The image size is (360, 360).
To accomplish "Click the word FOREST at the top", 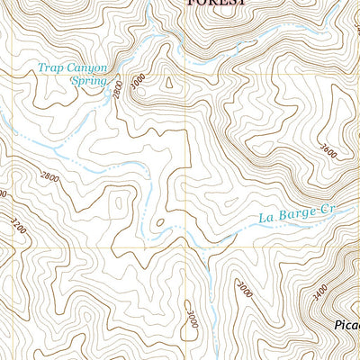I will (215, 4).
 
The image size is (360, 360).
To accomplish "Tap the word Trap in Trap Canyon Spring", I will (50, 66).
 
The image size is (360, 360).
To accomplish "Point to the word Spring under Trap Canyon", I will (88, 79).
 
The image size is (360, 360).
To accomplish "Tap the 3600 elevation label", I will (327, 149).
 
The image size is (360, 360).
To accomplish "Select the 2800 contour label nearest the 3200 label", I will (50, 178).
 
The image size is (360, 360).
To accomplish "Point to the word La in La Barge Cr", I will (265, 217).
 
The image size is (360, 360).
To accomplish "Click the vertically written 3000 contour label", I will (192, 319).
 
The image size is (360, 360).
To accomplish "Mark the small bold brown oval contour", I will (158, 221).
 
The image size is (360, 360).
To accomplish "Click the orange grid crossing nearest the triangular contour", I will (186, 75).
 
